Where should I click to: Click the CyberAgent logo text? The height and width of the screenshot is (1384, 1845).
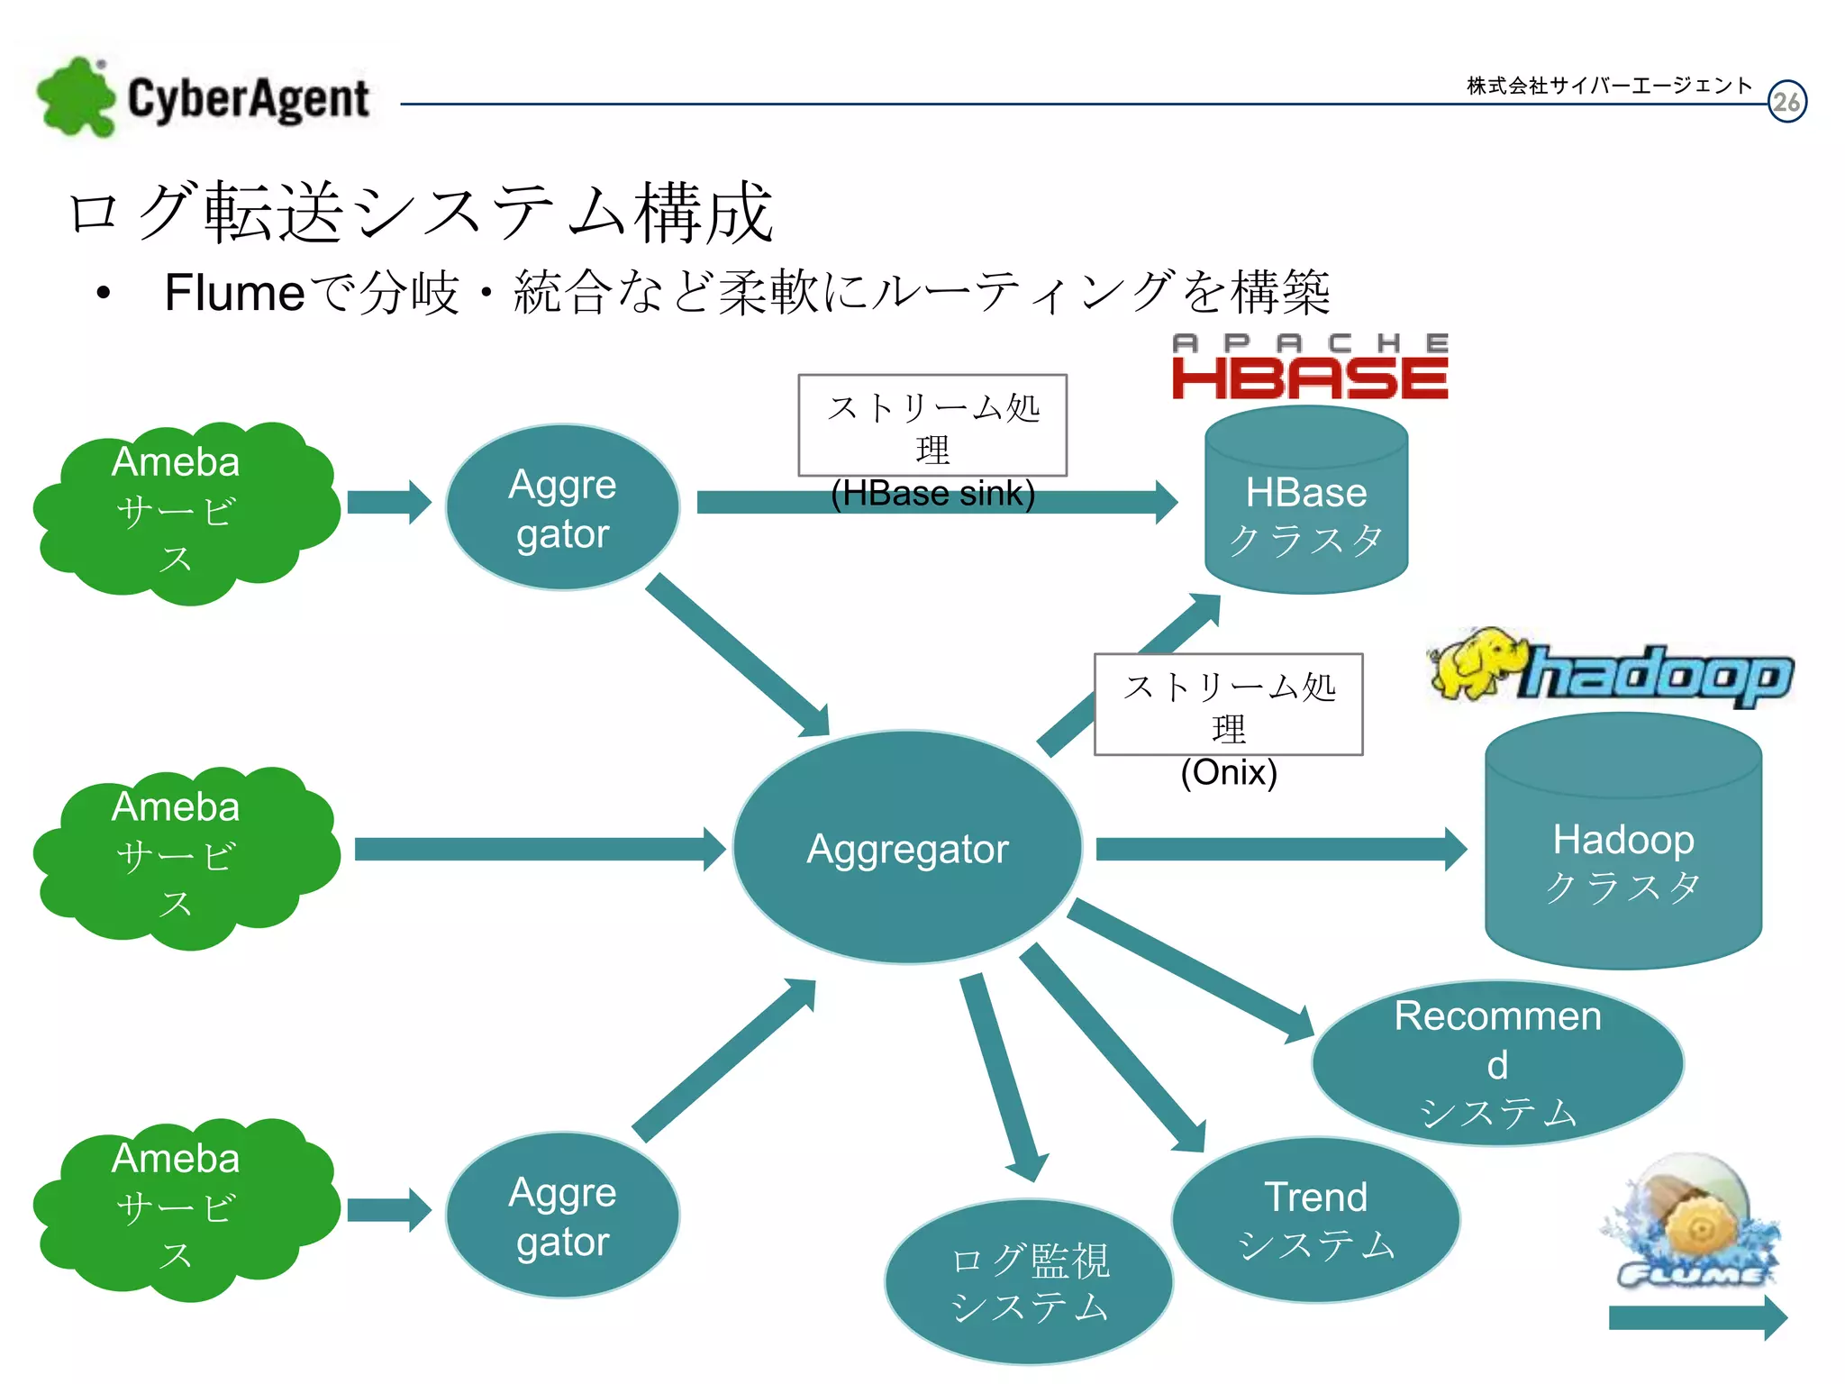point(248,99)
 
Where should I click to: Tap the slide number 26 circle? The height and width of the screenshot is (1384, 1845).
point(1786,102)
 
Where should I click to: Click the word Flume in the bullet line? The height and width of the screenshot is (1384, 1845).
point(234,293)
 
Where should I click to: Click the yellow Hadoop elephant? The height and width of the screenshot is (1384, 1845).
point(1474,665)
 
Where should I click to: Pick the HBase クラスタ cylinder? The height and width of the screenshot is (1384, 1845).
point(1306,505)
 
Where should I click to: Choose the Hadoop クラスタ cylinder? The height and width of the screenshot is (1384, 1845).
point(1623,847)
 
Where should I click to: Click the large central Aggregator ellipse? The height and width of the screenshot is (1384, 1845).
point(907,848)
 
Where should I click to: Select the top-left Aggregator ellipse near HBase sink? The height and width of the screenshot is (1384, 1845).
point(562,507)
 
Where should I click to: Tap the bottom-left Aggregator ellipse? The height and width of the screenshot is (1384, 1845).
point(562,1216)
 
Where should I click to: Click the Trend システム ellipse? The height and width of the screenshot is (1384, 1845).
point(1315,1220)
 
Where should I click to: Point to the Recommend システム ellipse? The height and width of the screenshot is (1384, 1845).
point(1497,1063)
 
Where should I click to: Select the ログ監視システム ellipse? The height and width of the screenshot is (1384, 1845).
point(1029,1282)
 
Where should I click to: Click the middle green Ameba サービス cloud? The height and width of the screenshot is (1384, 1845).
point(180,854)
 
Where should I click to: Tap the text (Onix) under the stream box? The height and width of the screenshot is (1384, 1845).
point(1229,773)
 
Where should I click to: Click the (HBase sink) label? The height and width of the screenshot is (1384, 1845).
point(932,494)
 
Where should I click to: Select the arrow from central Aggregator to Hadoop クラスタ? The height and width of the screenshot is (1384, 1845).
point(1279,849)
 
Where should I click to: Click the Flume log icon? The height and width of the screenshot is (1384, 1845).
point(1692,1221)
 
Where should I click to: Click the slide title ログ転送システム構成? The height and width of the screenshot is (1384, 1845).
point(421,213)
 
